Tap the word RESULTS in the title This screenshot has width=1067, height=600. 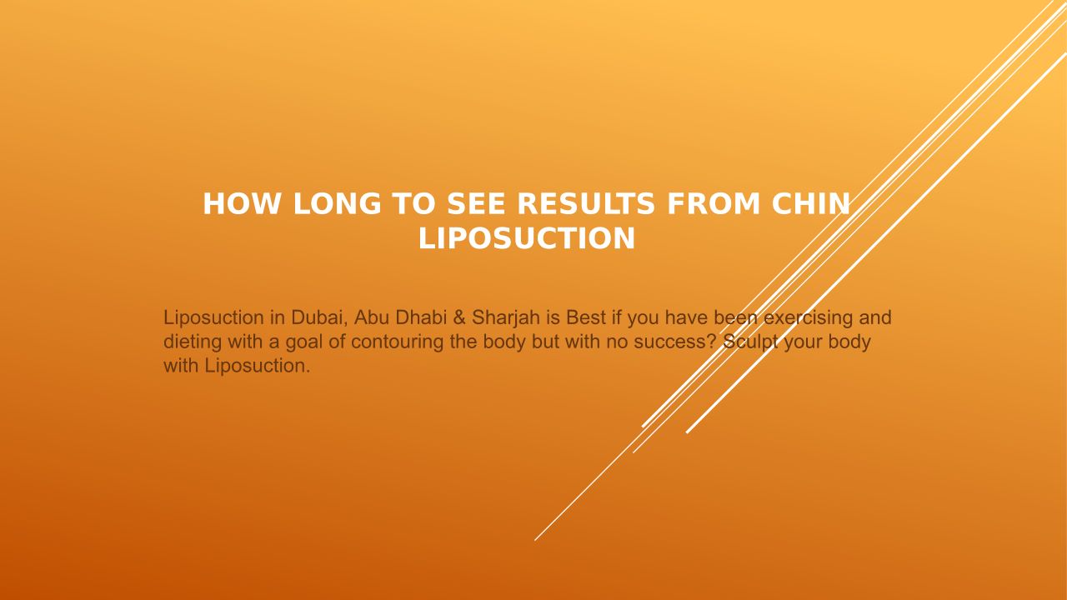pyautogui.click(x=586, y=204)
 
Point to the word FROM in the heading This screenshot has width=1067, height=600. pyautogui.click(x=714, y=204)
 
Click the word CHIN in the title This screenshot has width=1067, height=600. pyautogui.click(x=811, y=204)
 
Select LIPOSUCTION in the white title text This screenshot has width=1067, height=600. pyautogui.click(x=527, y=238)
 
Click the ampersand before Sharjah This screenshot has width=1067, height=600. pyautogui.click(x=459, y=317)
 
